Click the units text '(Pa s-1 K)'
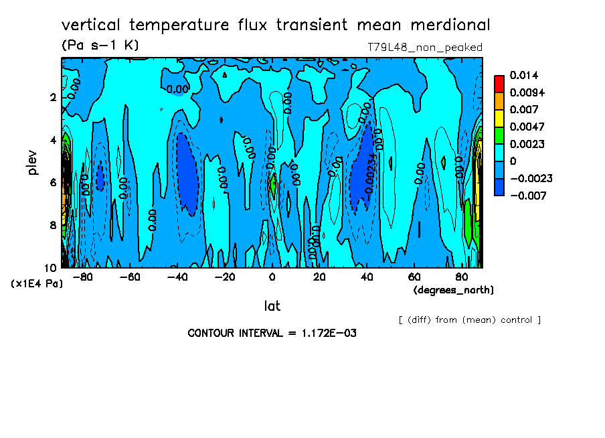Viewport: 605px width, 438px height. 100,46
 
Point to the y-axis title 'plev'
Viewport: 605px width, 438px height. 33,162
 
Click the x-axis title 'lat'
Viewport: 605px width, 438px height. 272,306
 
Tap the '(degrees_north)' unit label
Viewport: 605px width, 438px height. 454,290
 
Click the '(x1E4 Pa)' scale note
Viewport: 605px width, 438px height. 37,283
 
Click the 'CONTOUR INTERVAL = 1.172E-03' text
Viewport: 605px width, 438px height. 272,333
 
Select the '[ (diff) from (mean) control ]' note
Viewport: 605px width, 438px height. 469,319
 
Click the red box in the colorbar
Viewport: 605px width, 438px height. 499,83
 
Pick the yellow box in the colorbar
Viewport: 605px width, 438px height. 499,118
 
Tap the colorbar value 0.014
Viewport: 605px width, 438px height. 523,75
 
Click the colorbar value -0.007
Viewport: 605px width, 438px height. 527,196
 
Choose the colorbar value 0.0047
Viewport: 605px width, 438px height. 527,127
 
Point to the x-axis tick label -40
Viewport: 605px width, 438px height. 177,277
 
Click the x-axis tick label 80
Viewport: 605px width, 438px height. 462,277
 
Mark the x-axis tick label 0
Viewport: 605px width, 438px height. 272,277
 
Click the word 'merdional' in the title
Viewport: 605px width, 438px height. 443,25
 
